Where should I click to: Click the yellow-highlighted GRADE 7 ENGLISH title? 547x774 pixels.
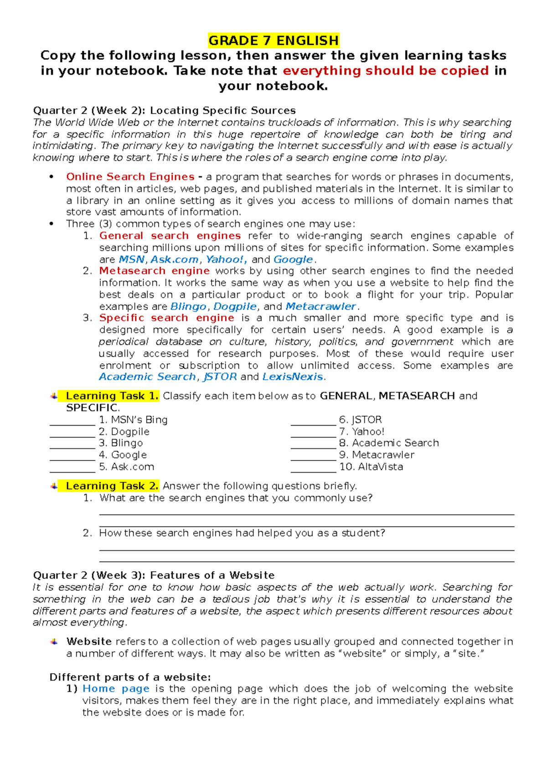pyautogui.click(x=273, y=41)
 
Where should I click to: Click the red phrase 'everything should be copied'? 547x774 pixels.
pyautogui.click(x=386, y=71)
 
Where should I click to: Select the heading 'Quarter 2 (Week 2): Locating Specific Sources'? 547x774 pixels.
pyautogui.click(x=165, y=110)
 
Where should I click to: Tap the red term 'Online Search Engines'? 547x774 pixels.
pyautogui.click(x=130, y=176)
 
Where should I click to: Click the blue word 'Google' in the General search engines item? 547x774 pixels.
pyautogui.click(x=293, y=259)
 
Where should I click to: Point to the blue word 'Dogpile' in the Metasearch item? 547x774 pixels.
pyautogui.click(x=235, y=306)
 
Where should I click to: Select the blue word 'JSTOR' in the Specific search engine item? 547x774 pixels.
pyautogui.click(x=220, y=377)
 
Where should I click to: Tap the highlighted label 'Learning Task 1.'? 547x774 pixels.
pyautogui.click(x=112, y=396)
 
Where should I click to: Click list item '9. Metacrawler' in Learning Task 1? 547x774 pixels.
pyautogui.click(x=377, y=455)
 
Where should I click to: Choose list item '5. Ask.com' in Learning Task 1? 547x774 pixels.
pyautogui.click(x=126, y=467)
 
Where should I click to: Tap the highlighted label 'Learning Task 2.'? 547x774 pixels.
pyautogui.click(x=112, y=486)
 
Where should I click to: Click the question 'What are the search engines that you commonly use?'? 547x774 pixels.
pyautogui.click(x=236, y=498)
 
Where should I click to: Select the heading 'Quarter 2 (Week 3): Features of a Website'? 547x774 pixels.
pyautogui.click(x=154, y=575)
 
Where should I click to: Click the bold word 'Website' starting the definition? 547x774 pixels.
pyautogui.click(x=89, y=641)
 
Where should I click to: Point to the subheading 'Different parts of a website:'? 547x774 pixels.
pyautogui.click(x=130, y=677)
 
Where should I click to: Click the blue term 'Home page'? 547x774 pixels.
pyautogui.click(x=116, y=689)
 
